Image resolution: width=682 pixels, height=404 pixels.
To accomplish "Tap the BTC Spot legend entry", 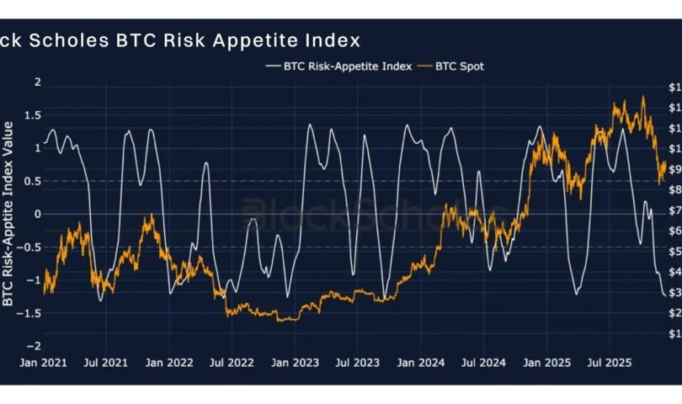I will (459, 66).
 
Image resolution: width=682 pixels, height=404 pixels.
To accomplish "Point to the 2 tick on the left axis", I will (36, 82).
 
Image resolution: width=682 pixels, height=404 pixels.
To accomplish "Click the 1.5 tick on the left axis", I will (34, 114).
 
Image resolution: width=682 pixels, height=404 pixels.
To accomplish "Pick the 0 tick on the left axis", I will (37, 214).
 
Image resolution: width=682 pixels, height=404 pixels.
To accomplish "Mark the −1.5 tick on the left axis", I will (31, 313).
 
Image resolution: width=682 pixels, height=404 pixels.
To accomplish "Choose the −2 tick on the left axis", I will (35, 346).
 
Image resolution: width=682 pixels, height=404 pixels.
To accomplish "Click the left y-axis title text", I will (8, 213).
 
